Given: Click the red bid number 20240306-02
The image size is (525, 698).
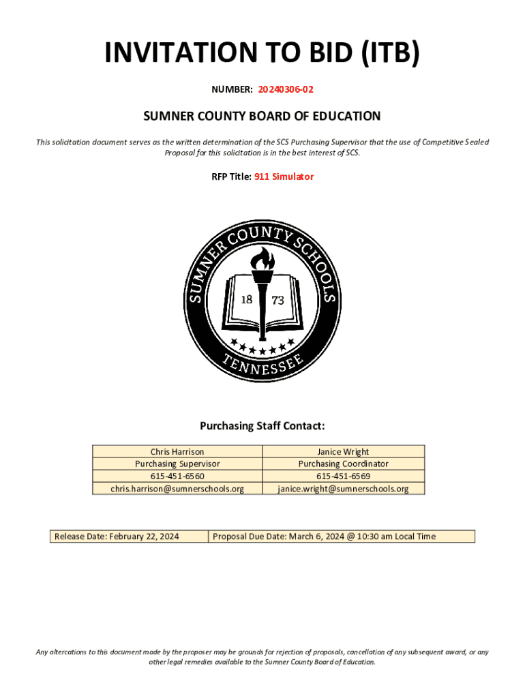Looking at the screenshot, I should (286, 89).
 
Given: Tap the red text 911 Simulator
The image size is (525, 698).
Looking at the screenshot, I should (284, 177).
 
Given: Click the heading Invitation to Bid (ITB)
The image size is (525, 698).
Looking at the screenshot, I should (262, 54).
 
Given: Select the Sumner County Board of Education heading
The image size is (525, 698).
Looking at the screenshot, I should (262, 117).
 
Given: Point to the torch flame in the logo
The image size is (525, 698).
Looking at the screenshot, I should (262, 258).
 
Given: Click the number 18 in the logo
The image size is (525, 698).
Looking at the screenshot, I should (247, 300).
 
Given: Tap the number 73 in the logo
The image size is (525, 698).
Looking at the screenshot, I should (277, 300).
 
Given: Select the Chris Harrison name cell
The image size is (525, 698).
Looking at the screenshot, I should (177, 451).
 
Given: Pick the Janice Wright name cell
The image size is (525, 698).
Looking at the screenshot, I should (343, 451).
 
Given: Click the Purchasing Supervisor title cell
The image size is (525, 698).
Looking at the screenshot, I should (177, 464).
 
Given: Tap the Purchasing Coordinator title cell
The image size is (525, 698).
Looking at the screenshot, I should (343, 464).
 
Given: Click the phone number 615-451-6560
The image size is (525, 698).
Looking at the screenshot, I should (177, 476).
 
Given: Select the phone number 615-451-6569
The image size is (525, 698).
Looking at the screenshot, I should (343, 476).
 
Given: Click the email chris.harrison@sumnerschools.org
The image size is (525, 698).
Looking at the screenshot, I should (177, 488).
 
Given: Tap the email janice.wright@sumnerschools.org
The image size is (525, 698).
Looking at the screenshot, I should (343, 488).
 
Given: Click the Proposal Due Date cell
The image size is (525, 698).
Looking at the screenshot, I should (341, 536).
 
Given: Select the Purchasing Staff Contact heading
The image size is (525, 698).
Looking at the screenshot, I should (262, 426).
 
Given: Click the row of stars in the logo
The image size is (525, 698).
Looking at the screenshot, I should (262, 347).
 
